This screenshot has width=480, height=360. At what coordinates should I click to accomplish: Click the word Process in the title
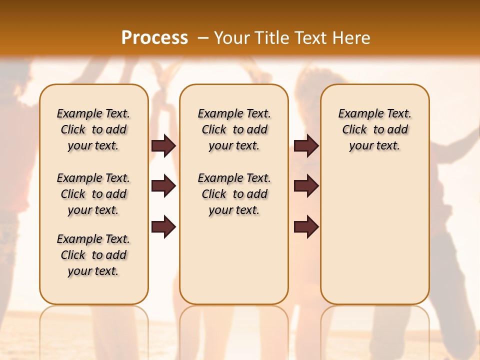154,37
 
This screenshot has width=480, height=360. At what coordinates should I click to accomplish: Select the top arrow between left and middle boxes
163,145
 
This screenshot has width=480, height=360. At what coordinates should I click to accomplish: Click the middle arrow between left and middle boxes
163,186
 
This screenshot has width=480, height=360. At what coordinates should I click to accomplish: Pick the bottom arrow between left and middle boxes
163,227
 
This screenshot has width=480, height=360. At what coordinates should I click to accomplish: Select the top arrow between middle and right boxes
306,145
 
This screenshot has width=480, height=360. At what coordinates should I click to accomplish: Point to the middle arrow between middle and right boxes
306,186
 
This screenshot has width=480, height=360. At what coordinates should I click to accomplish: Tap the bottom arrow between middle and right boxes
306,227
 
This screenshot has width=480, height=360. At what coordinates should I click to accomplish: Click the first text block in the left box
93,129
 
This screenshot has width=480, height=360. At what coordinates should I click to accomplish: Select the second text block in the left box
93,194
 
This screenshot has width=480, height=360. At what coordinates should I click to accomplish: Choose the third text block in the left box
93,255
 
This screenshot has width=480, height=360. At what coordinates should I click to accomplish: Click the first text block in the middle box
234,129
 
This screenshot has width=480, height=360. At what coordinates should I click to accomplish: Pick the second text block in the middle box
234,194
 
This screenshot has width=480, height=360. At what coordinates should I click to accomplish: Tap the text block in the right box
375,129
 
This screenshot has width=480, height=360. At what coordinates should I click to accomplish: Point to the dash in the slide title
202,37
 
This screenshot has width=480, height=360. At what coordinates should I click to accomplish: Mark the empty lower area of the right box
375,235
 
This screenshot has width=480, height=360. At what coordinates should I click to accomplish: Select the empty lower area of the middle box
234,260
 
